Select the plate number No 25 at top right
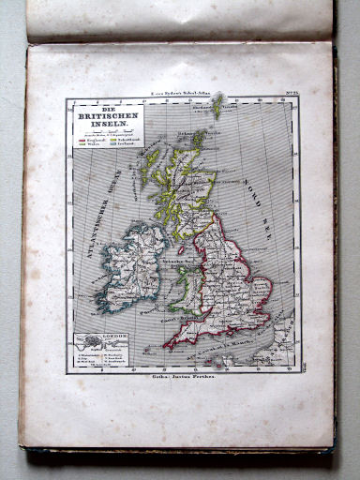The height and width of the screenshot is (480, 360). (x=291, y=97)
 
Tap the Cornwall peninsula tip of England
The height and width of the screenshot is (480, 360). (x=168, y=344)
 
